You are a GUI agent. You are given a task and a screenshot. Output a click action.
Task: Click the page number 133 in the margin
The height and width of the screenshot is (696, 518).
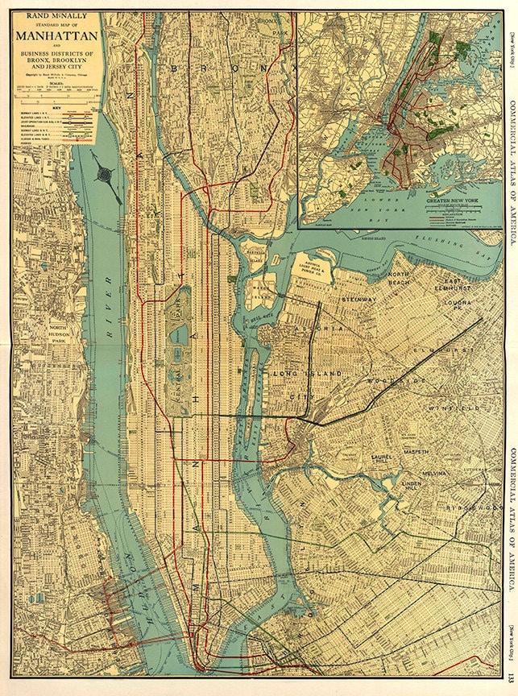(511, 681)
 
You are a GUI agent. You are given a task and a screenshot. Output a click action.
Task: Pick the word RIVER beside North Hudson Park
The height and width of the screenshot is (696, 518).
(108, 306)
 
